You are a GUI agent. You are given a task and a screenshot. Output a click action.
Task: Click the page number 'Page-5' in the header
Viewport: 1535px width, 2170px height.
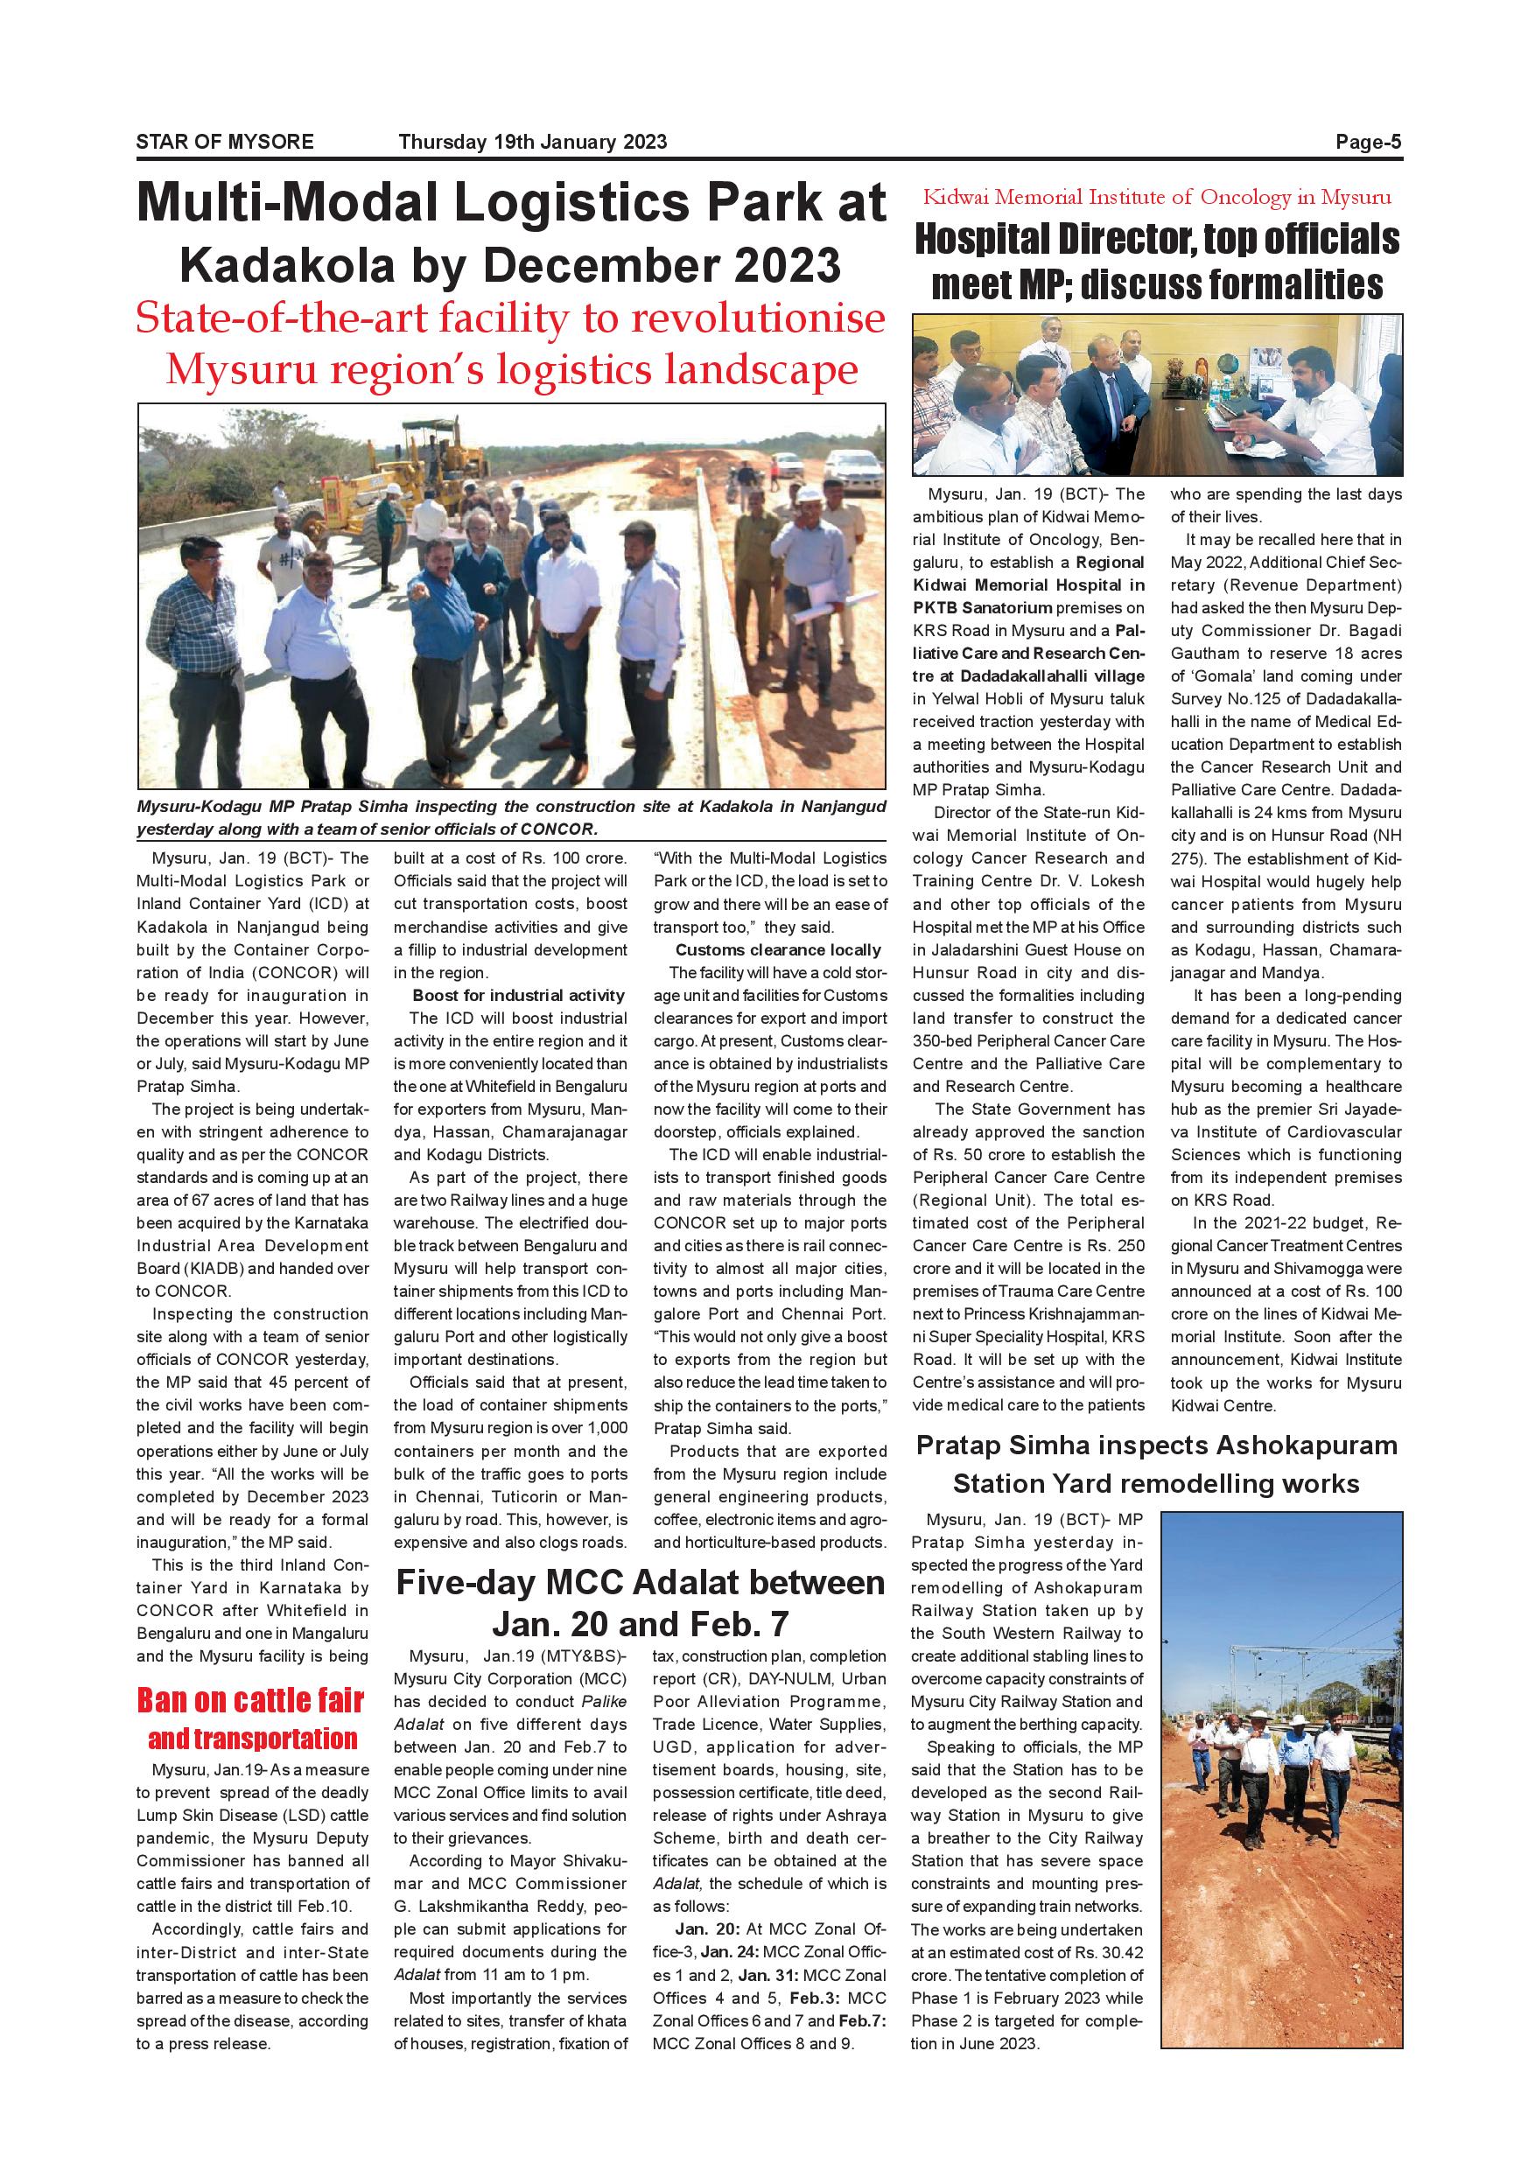pyautogui.click(x=1368, y=142)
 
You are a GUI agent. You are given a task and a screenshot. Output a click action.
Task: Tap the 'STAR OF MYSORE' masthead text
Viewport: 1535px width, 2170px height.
pyautogui.click(x=225, y=142)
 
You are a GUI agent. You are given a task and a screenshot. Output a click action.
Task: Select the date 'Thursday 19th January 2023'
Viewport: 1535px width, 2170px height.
pyautogui.click(x=532, y=142)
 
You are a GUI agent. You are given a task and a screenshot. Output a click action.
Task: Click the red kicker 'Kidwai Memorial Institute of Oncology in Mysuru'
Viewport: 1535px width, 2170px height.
pyautogui.click(x=1157, y=198)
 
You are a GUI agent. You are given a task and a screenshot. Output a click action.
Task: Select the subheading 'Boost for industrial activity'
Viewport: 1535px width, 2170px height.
pyautogui.click(x=518, y=995)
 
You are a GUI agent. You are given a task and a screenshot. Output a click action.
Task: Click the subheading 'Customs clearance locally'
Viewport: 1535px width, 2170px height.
pyautogui.click(x=778, y=950)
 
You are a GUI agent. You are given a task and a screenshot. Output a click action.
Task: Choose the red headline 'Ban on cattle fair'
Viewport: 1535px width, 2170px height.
pyautogui.click(x=250, y=1700)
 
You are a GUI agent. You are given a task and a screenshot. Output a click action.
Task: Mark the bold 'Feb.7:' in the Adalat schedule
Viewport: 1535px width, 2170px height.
pyautogui.click(x=861, y=2020)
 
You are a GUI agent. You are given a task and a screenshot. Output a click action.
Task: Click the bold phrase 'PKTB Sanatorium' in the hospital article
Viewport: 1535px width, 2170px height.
pyautogui.click(x=982, y=608)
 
